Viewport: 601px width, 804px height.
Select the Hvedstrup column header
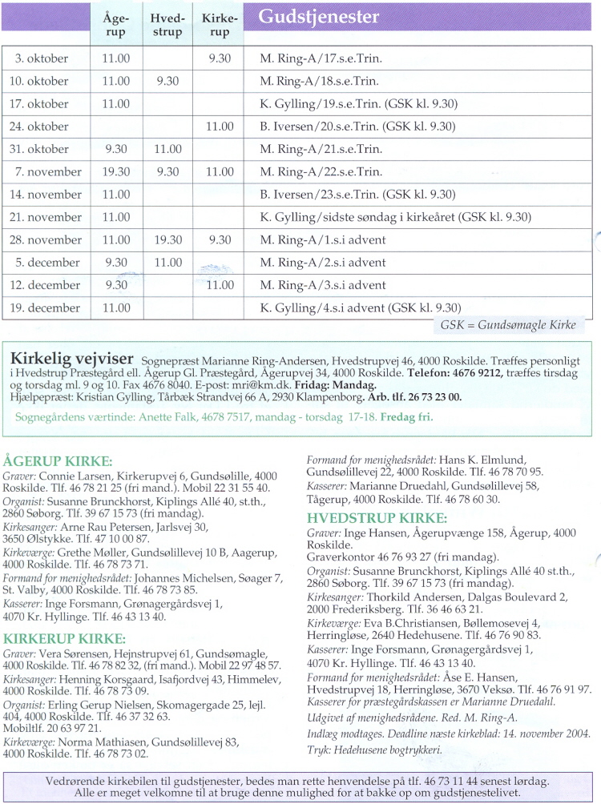click(x=167, y=25)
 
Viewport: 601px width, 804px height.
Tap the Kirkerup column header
click(x=219, y=25)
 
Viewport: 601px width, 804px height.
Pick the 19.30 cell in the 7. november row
click(x=116, y=171)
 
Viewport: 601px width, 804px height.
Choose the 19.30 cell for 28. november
click(x=167, y=239)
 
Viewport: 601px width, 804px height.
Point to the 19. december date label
click(x=45, y=308)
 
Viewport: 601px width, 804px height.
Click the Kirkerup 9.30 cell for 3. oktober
click(x=219, y=58)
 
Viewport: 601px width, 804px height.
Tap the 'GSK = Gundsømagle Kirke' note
click(x=508, y=325)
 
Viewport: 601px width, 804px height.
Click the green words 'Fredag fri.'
click(x=406, y=417)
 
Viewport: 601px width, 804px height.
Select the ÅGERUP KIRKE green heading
click(x=58, y=460)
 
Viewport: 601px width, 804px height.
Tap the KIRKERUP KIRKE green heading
click(x=65, y=638)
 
